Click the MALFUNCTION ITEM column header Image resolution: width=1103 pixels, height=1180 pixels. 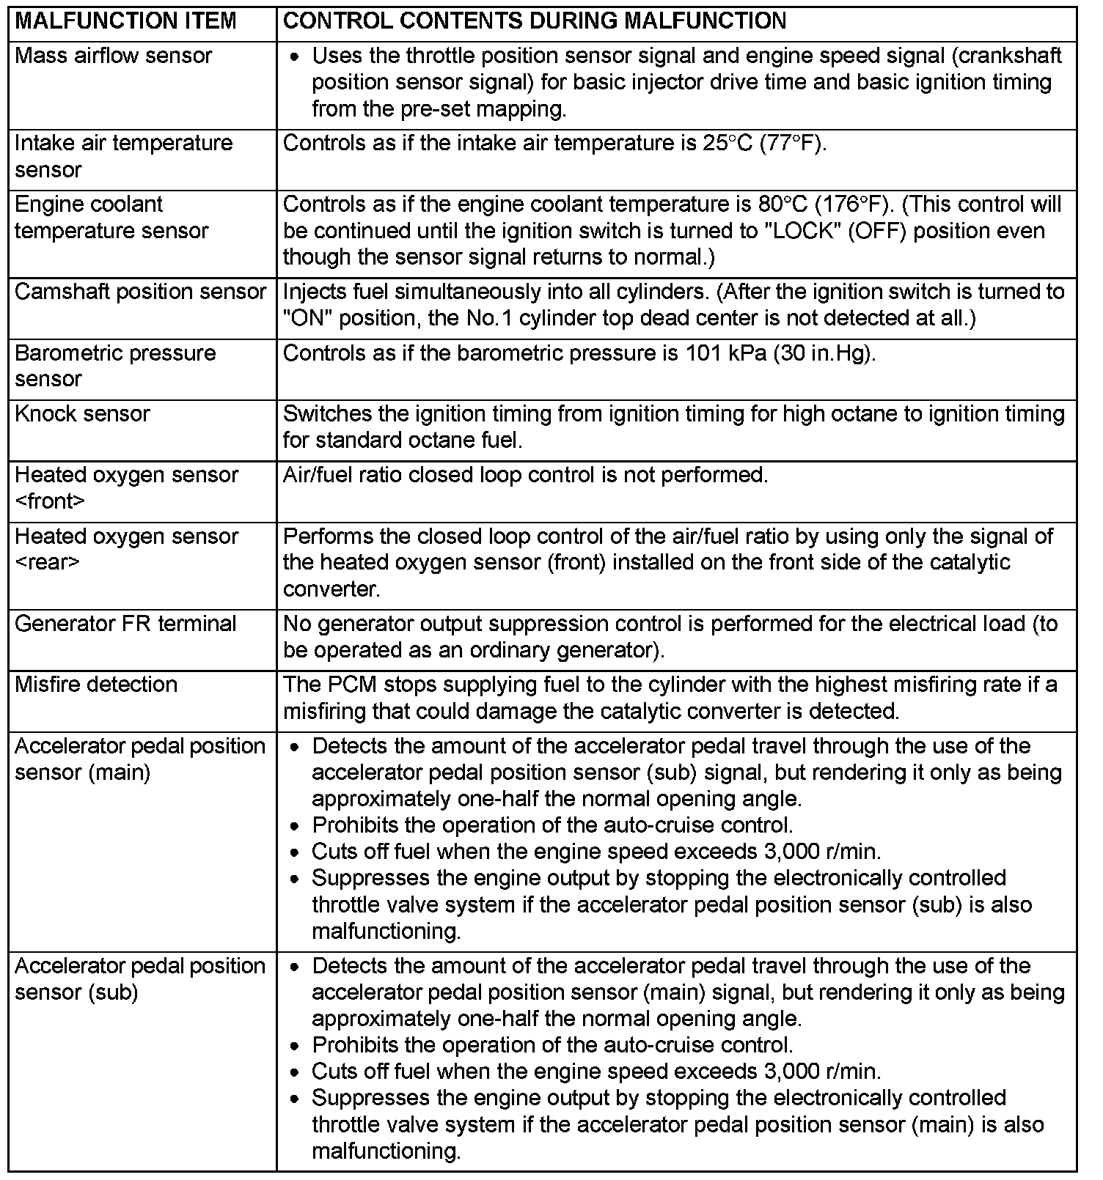click(x=125, y=21)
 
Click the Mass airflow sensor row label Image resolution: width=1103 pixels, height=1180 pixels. click(x=113, y=56)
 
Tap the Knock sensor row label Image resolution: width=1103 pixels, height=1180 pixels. click(x=82, y=413)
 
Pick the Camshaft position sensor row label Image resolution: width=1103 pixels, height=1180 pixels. click(x=140, y=292)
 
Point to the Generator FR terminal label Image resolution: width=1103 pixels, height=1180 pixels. click(x=125, y=624)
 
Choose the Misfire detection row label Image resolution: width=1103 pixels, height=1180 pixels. click(x=96, y=685)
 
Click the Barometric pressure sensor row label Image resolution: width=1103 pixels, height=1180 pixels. click(x=115, y=366)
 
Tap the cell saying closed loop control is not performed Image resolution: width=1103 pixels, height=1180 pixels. click(x=525, y=475)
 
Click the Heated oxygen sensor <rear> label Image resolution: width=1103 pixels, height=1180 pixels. click(x=126, y=549)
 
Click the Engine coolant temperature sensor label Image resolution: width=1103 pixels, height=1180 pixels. click(x=111, y=217)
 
